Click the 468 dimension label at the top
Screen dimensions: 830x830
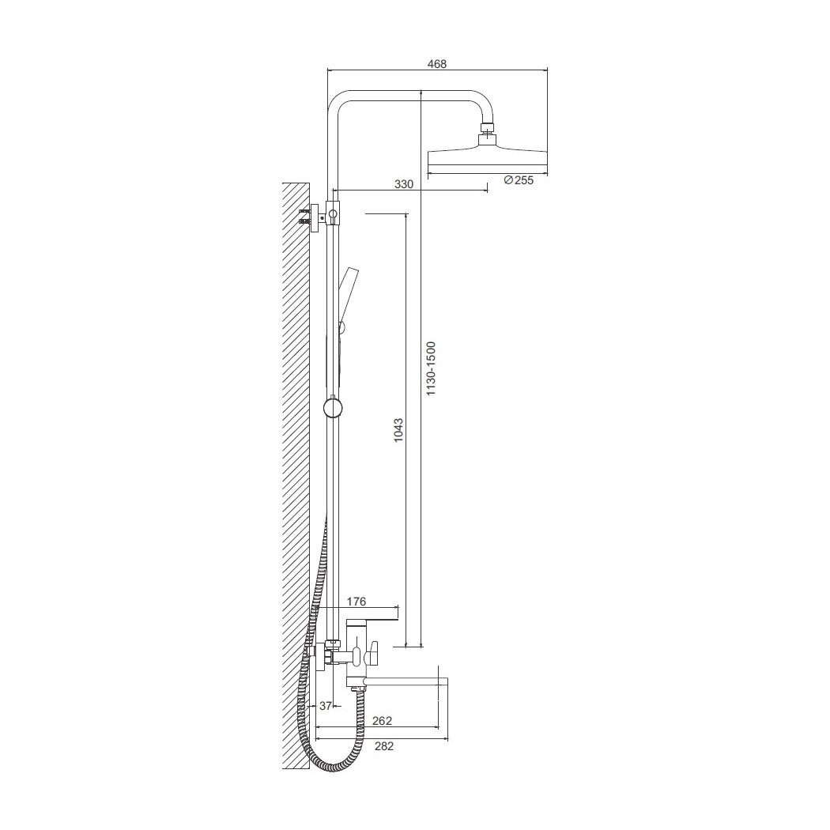point(437,64)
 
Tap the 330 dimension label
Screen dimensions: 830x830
point(404,184)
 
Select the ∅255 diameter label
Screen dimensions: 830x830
point(519,180)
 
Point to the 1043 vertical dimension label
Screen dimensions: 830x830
point(398,430)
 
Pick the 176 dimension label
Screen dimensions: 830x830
point(357,602)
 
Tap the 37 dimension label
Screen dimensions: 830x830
point(325,706)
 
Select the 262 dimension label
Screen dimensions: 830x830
point(382,720)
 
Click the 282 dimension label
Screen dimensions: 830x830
point(383,746)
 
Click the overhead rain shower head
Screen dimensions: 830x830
point(487,160)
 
